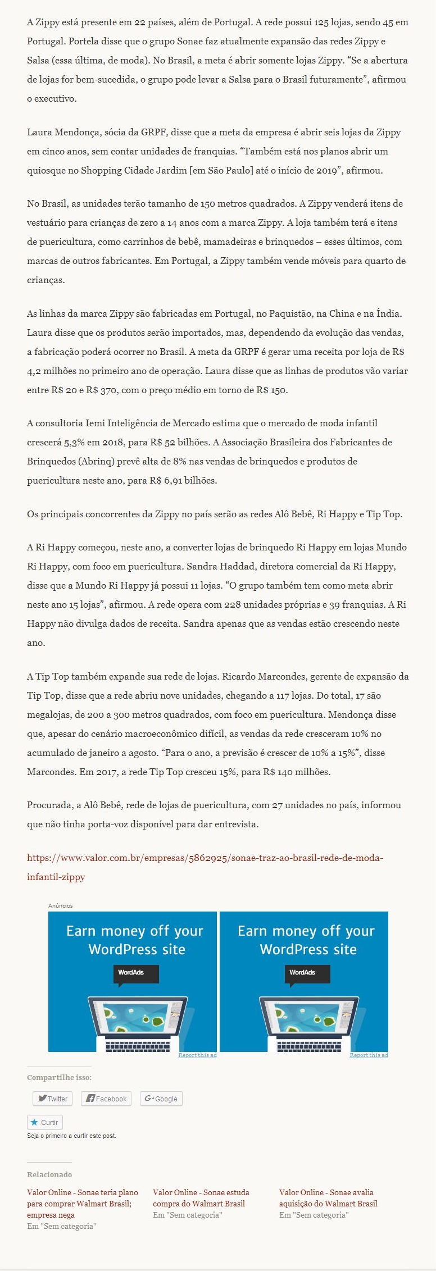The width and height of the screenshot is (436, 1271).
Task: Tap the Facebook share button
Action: click(x=106, y=1098)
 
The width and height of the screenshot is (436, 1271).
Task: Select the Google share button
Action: click(x=161, y=1098)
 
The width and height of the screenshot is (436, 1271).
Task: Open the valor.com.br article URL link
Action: click(x=205, y=858)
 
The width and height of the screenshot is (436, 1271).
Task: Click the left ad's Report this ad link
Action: click(x=197, y=1055)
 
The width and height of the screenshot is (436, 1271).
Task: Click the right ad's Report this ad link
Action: click(x=369, y=1055)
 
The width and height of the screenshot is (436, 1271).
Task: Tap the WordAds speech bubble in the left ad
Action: click(x=135, y=973)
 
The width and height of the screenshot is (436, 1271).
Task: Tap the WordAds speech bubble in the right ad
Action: click(x=307, y=973)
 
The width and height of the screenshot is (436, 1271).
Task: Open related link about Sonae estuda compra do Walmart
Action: click(x=201, y=1197)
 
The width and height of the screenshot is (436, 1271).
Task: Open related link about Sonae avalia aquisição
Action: click(x=328, y=1197)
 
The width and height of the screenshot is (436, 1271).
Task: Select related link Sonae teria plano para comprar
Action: click(x=82, y=1197)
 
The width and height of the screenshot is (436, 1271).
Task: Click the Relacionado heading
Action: click(x=49, y=1174)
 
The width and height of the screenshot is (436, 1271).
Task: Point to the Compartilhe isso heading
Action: click(x=59, y=1077)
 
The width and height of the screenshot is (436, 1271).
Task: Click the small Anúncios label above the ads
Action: click(x=60, y=905)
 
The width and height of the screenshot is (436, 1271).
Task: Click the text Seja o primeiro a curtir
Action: click(x=71, y=1136)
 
